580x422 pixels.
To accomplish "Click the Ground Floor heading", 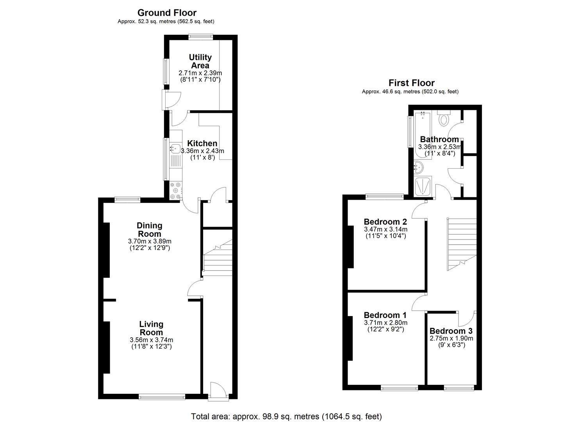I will point(167,13).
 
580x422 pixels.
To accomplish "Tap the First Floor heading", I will point(411,83).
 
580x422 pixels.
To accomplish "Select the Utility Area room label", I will point(200,62).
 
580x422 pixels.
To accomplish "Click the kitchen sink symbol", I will point(175,148).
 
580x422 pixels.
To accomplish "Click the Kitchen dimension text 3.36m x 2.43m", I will point(202,151).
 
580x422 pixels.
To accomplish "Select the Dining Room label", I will point(149,230).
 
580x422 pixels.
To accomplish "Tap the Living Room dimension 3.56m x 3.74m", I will point(151,340).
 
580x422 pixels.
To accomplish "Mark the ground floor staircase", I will point(218,258).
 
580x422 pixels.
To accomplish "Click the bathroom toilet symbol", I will point(444,119).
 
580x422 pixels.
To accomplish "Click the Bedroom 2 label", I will point(385,222).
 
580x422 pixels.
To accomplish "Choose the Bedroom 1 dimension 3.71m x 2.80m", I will point(385,323).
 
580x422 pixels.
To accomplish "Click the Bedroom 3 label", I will point(451,331).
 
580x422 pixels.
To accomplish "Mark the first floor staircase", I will point(462,243).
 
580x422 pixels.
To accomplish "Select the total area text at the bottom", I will point(286,416).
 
